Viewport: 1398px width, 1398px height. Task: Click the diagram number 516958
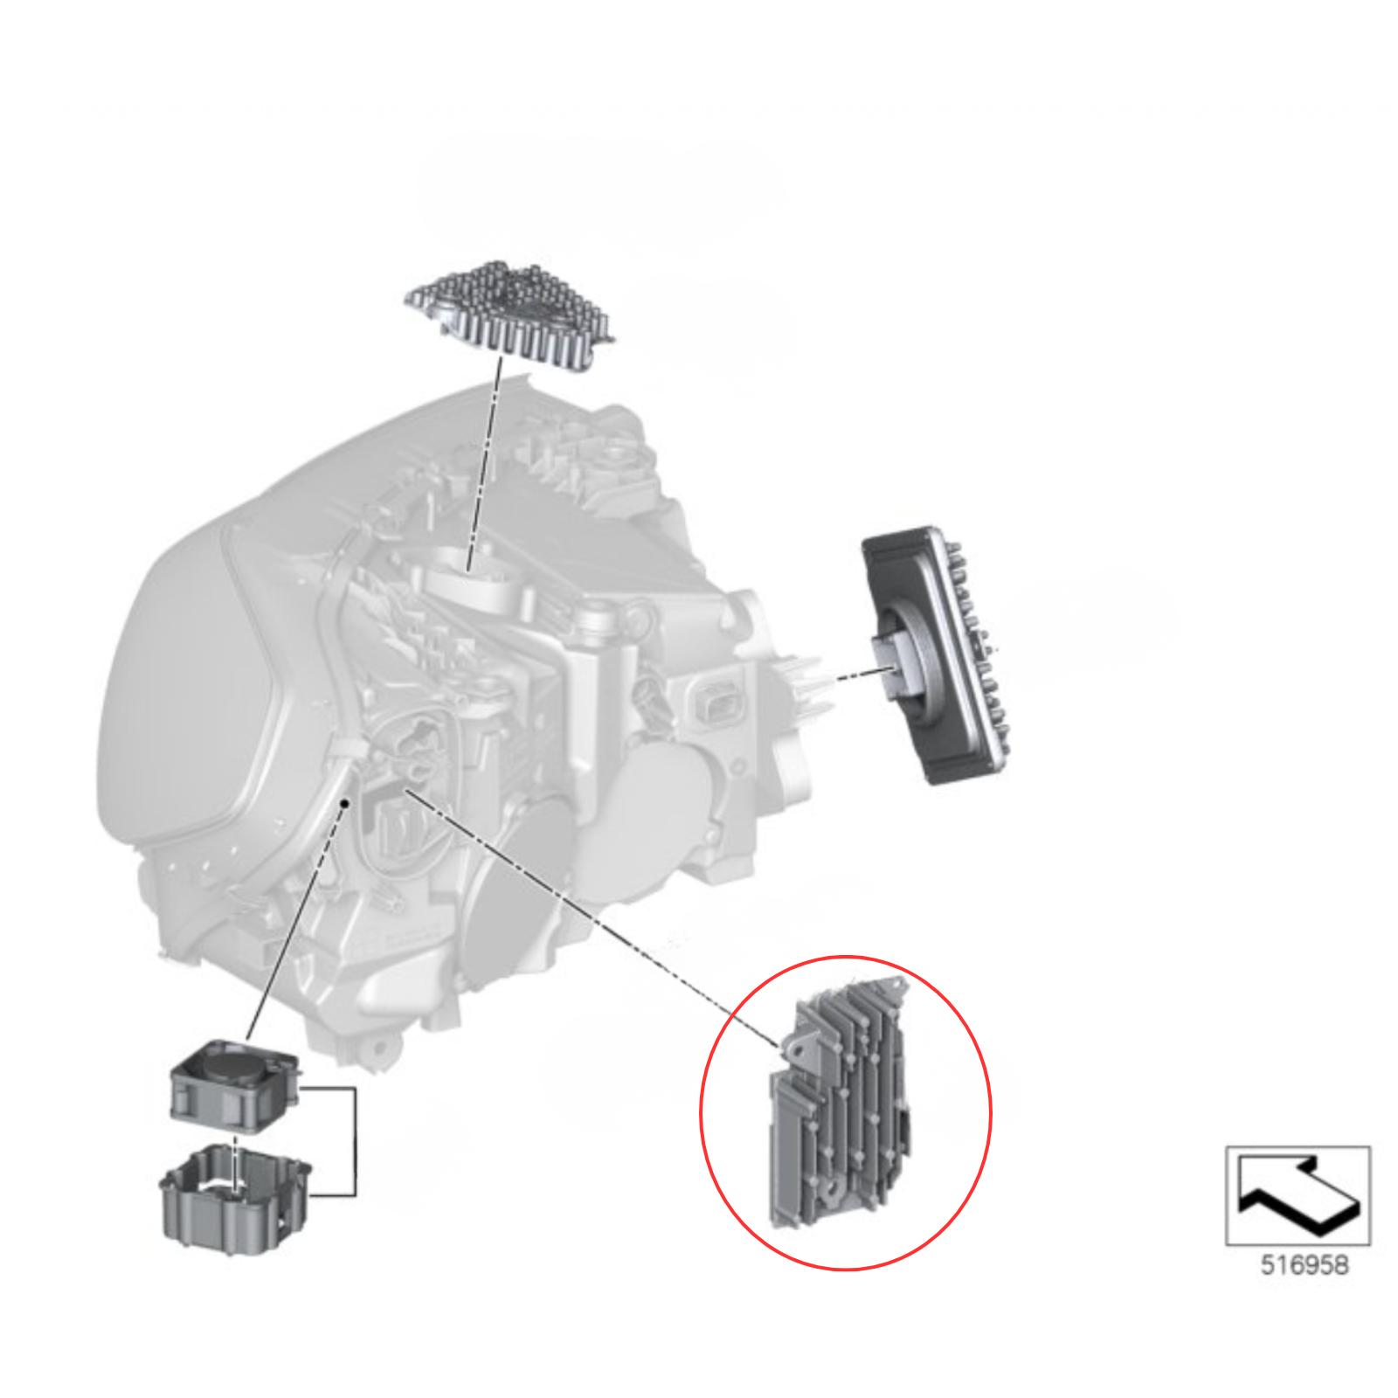coord(1304,1264)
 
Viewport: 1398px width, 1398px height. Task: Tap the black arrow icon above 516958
coord(1299,1194)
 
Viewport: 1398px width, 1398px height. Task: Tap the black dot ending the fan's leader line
coord(346,802)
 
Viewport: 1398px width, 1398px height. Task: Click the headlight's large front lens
coord(188,699)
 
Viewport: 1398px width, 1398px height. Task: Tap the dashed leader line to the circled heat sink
coord(592,917)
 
